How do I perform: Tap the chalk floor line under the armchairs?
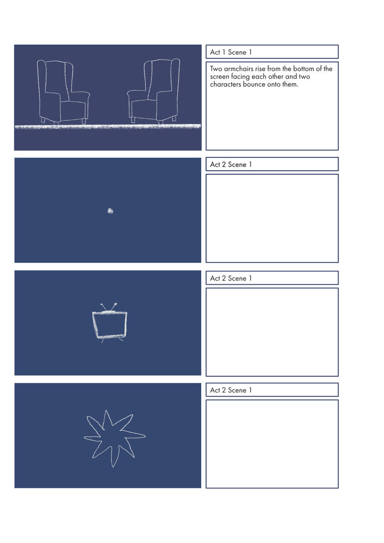tap(108, 126)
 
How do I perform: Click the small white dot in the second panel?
tap(110, 210)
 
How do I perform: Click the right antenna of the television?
tap(114, 306)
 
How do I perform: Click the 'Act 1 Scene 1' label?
tap(231, 52)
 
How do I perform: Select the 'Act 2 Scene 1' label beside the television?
tap(231, 278)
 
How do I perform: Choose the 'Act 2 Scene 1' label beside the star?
tap(231, 390)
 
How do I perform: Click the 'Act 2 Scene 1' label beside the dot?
tap(231, 165)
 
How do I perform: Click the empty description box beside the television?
tap(272, 332)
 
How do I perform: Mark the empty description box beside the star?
tap(272, 444)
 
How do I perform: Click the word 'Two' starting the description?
tap(216, 69)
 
